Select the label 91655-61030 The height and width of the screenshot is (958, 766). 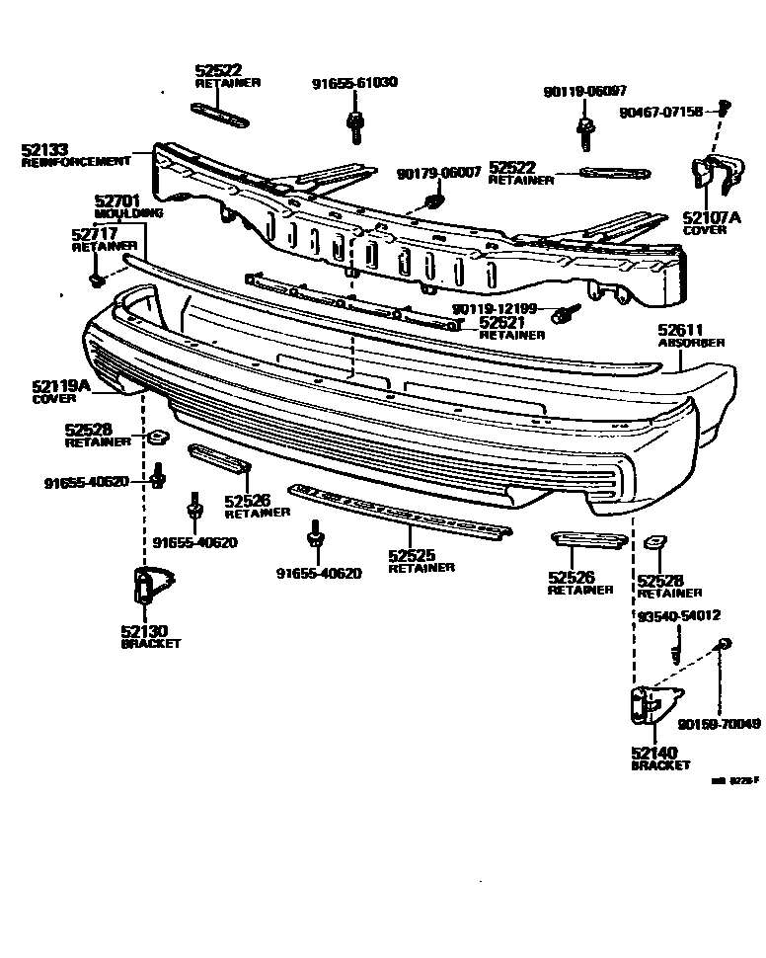(x=354, y=82)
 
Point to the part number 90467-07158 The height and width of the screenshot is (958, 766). (x=661, y=113)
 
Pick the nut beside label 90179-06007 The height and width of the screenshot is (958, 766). (x=431, y=203)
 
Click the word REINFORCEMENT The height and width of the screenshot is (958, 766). (x=76, y=161)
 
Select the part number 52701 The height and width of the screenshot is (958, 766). (x=116, y=200)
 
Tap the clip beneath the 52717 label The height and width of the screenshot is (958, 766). (x=96, y=280)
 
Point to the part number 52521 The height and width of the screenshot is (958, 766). (x=501, y=322)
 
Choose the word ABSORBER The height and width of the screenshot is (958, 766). (x=692, y=343)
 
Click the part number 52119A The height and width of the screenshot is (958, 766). (x=59, y=387)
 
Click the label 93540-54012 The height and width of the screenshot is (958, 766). (x=678, y=616)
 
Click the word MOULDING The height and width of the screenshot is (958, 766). (x=129, y=212)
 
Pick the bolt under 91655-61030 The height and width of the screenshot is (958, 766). (x=354, y=125)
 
